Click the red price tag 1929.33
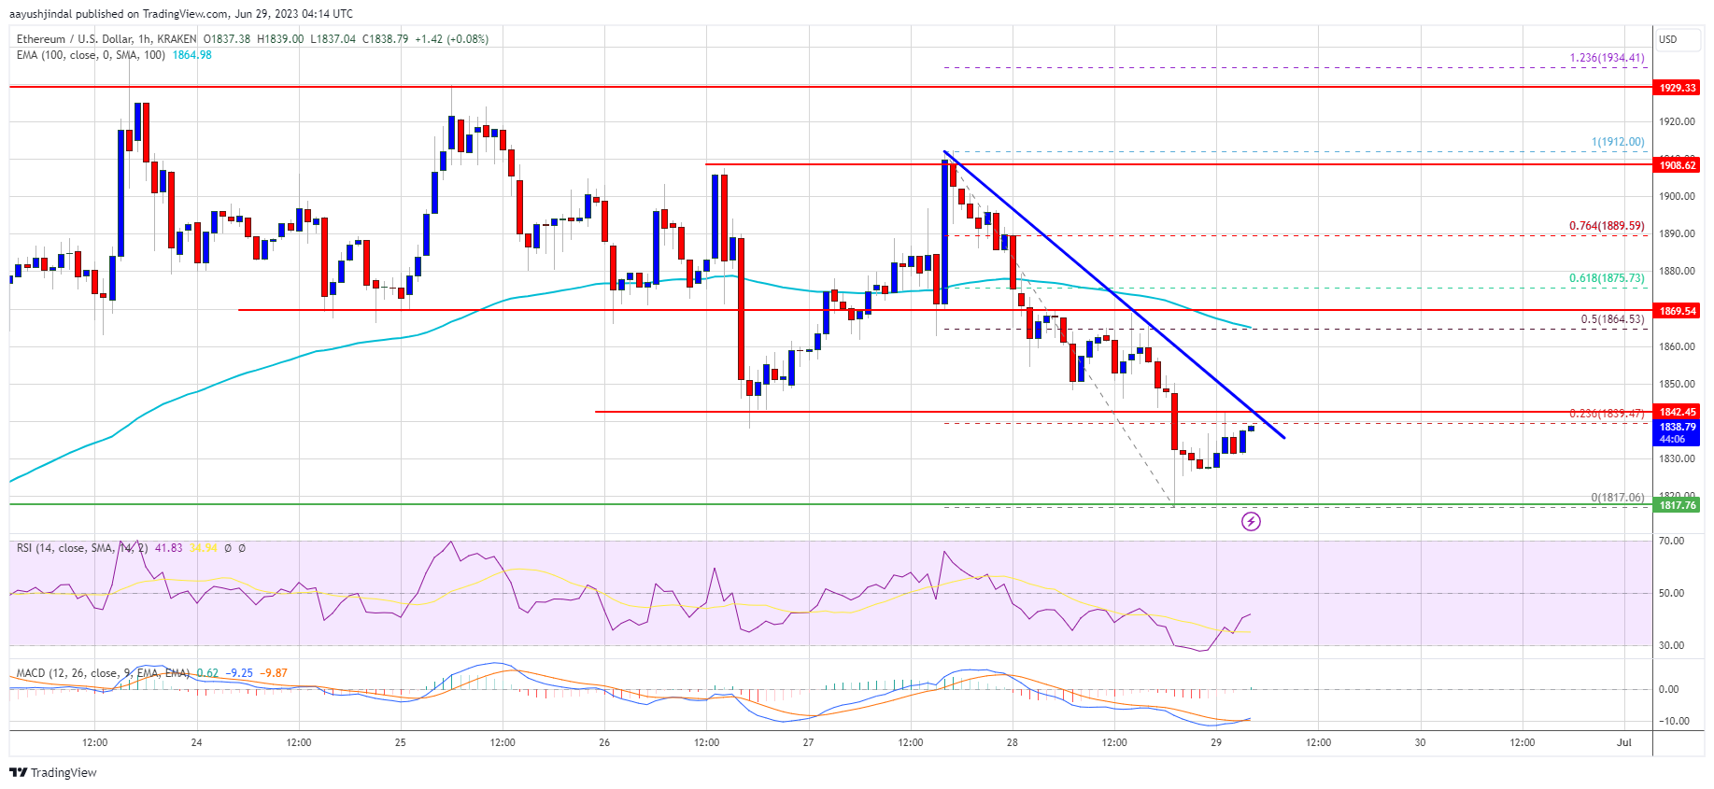[x=1677, y=88]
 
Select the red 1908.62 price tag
[x=1677, y=165]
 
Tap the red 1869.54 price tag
[x=1677, y=311]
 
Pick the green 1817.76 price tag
[x=1677, y=505]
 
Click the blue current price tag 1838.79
[x=1677, y=427]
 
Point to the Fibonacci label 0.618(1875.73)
[x=1606, y=278]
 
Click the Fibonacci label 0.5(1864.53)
[x=1611, y=319]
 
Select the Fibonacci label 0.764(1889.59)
[x=1606, y=226]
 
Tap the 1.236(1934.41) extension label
[x=1607, y=58]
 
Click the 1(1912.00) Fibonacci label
[x=1617, y=142]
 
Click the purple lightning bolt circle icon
[x=1251, y=521]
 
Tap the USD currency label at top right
[x=1667, y=39]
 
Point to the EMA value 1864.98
[x=191, y=55]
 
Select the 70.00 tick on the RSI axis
[x=1670, y=542]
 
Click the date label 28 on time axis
[x=1012, y=743]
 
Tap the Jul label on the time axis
[x=1624, y=743]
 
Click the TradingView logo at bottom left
[x=53, y=772]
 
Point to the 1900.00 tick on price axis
[x=1676, y=196]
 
